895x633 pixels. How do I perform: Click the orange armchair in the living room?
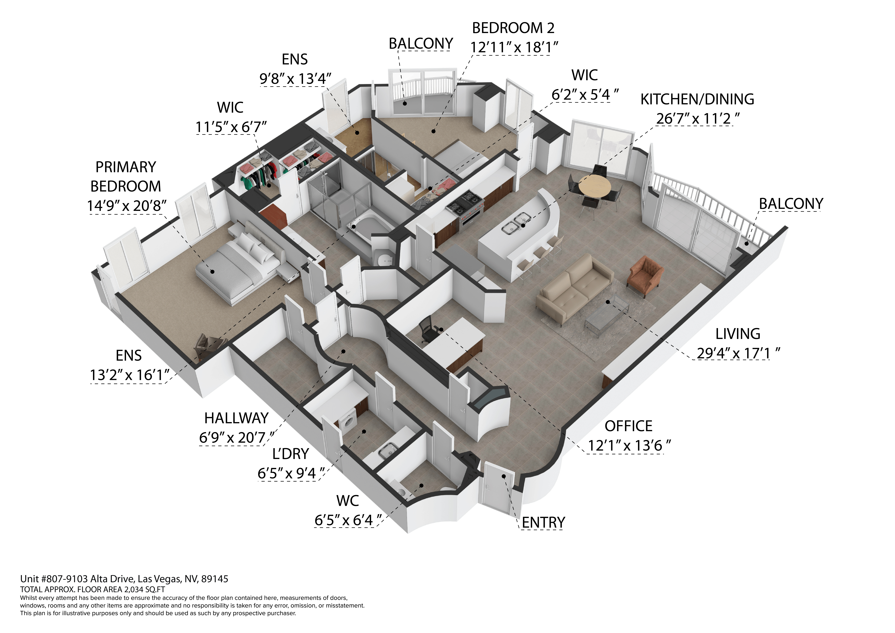pyautogui.click(x=645, y=276)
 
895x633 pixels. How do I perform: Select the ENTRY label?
pyautogui.click(x=543, y=522)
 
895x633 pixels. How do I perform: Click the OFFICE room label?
pyautogui.click(x=628, y=426)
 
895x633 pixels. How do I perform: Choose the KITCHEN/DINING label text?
pyautogui.click(x=697, y=99)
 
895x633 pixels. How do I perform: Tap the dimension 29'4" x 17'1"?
pyautogui.click(x=738, y=353)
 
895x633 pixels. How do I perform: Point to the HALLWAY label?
pyautogui.click(x=236, y=418)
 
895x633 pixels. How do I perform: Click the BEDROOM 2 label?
pyautogui.click(x=513, y=28)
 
